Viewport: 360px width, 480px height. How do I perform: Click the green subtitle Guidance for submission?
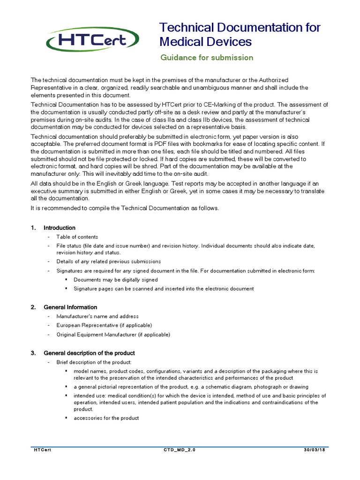pyautogui.click(x=207, y=58)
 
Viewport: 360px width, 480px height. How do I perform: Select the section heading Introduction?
pyautogui.click(x=59, y=228)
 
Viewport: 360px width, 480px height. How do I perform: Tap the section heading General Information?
pyautogui.click(x=70, y=307)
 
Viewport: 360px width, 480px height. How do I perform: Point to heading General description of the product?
pyautogui.click(x=89, y=353)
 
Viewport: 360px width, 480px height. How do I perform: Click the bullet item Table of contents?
pyautogui.click(x=77, y=237)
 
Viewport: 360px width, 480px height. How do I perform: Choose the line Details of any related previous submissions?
pyautogui.click(x=109, y=261)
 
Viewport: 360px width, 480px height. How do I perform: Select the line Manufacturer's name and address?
pyautogui.click(x=97, y=316)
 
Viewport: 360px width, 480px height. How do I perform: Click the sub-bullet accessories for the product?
pyautogui.click(x=106, y=418)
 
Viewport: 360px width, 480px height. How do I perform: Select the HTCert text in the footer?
pyautogui.click(x=42, y=450)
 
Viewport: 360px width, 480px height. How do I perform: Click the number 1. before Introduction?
pyautogui.click(x=33, y=228)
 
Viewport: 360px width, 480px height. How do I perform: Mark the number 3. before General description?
pyautogui.click(x=33, y=353)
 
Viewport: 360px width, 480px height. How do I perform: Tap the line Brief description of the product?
pyautogui.click(x=94, y=362)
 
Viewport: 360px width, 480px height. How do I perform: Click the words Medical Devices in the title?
pyautogui.click(x=206, y=42)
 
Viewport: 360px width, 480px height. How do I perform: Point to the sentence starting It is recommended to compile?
pyautogui.click(x=125, y=208)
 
